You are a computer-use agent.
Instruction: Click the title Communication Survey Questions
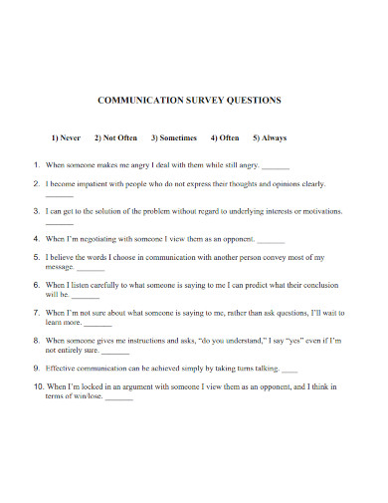pos(189,101)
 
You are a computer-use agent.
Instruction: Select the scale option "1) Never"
pos(66,138)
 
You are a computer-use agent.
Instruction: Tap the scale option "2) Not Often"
pos(116,138)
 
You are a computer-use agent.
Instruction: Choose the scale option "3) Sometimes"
pos(174,138)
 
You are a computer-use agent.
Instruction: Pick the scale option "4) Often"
pos(225,138)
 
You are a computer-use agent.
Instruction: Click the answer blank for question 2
pos(59,196)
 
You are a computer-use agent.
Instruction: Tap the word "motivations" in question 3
pos(320,212)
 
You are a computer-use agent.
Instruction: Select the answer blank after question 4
pos(271,241)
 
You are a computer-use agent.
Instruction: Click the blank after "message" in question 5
pos(91,270)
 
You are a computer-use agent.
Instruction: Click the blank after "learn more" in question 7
pos(97,324)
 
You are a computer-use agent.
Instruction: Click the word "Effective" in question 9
pos(64,368)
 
